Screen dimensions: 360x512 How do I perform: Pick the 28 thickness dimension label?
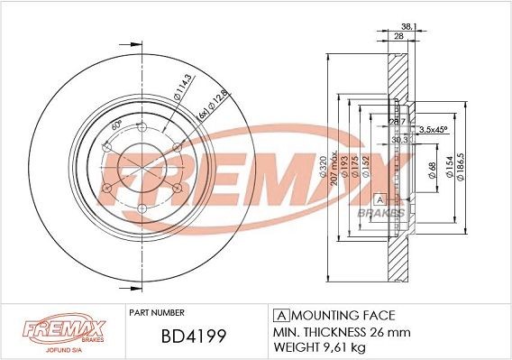point(398,36)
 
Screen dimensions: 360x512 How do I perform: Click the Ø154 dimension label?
point(449,169)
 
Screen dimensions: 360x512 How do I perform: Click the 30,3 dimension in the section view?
point(399,139)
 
